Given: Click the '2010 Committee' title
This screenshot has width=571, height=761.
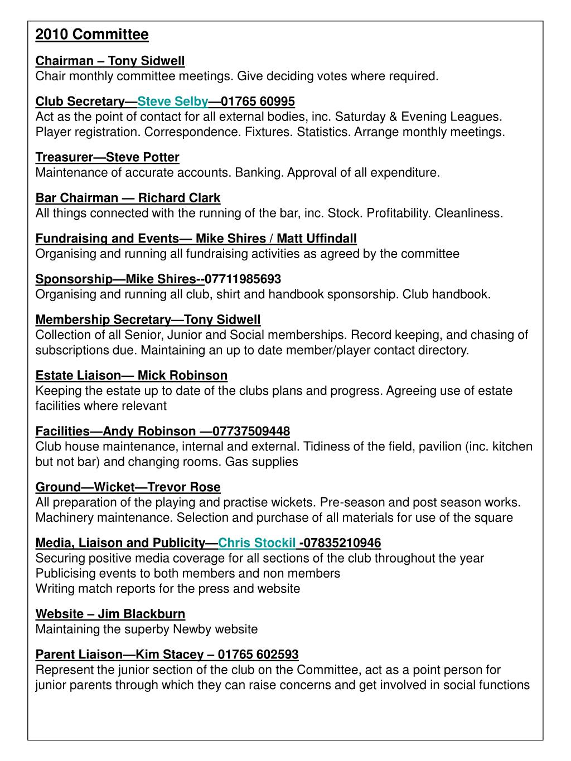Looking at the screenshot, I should (x=92, y=35).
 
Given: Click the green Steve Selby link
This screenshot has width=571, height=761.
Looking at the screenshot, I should (x=173, y=101).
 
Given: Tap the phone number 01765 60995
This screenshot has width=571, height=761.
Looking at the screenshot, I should (x=258, y=101).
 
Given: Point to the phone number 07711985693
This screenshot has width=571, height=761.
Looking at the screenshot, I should (x=243, y=279).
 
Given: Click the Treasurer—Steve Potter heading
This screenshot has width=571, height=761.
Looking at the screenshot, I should (x=107, y=157).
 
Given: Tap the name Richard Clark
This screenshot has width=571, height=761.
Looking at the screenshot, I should (x=179, y=198).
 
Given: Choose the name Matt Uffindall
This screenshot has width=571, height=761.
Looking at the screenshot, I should (x=317, y=239).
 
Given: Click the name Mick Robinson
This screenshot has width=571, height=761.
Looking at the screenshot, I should (x=182, y=375).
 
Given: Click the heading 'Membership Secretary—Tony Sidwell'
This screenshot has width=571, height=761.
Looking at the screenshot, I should (x=148, y=319).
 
